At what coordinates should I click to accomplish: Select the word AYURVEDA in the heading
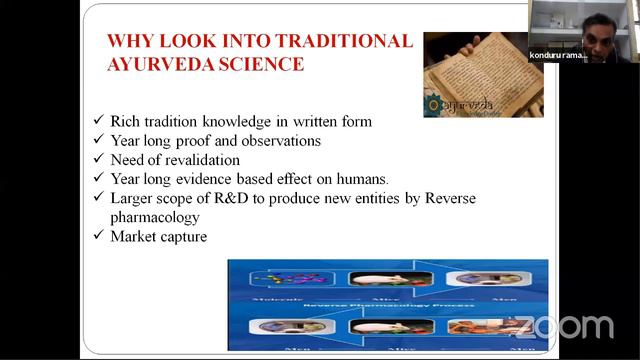tap(161, 65)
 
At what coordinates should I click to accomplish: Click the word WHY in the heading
tap(129, 41)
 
